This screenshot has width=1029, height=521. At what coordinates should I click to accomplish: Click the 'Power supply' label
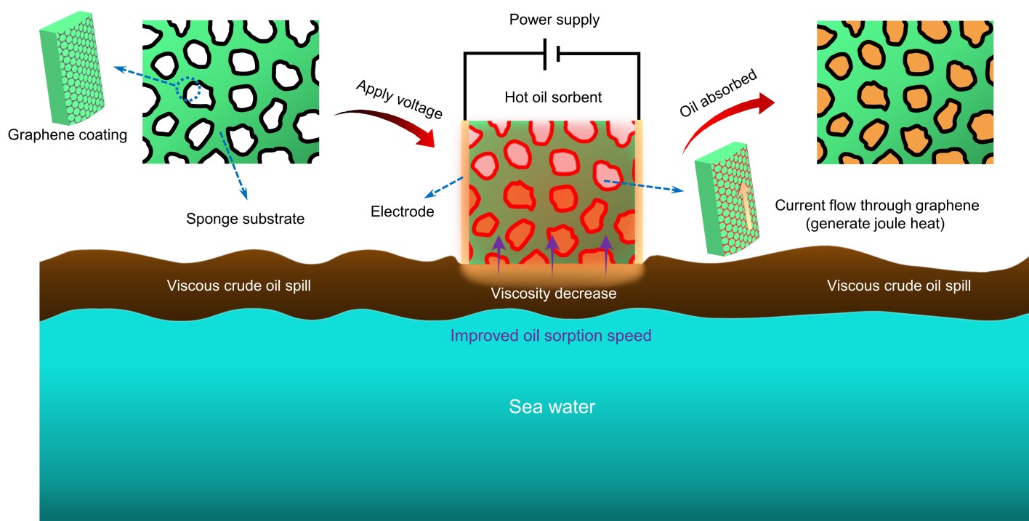(x=554, y=20)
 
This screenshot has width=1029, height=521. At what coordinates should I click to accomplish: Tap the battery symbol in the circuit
(x=552, y=53)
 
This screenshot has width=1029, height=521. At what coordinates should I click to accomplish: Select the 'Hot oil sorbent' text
(x=553, y=97)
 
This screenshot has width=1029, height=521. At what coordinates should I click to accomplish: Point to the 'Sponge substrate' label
(x=245, y=218)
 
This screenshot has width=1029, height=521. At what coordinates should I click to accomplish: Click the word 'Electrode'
(x=403, y=212)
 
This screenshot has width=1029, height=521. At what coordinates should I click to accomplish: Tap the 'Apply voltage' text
(x=398, y=100)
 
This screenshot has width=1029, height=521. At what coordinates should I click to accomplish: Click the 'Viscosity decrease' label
(x=554, y=294)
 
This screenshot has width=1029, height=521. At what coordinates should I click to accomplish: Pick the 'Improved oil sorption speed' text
(x=551, y=336)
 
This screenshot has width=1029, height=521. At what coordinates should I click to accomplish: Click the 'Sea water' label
(x=552, y=406)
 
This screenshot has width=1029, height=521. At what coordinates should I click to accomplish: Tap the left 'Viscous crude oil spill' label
(x=239, y=286)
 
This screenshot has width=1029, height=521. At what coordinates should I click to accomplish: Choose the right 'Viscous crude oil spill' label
(x=899, y=286)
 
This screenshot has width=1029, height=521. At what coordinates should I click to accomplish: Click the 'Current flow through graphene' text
(x=877, y=206)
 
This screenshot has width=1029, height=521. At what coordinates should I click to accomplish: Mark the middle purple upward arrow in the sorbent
(x=552, y=253)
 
